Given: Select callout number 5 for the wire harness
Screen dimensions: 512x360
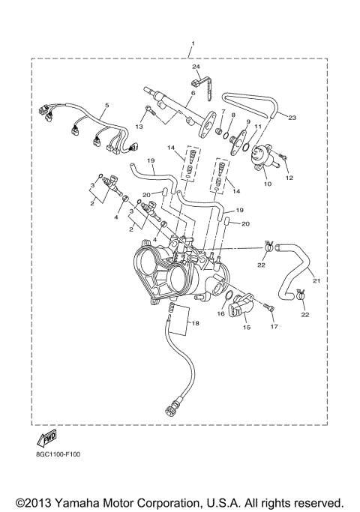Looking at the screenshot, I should tap(106, 106).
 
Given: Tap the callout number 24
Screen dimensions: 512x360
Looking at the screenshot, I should tap(196, 67).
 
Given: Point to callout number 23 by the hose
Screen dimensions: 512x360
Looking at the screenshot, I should tap(292, 118).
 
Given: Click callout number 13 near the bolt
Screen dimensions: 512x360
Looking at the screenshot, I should tap(139, 117).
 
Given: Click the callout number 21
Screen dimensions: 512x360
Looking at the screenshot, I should tap(316, 281).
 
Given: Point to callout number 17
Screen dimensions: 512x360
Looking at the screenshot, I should tap(274, 327).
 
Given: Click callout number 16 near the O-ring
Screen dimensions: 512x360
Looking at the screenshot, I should tap(220, 314).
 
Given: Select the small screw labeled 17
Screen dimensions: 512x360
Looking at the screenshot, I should tap(269, 307).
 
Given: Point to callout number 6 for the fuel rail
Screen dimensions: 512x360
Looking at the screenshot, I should tap(193, 92).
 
